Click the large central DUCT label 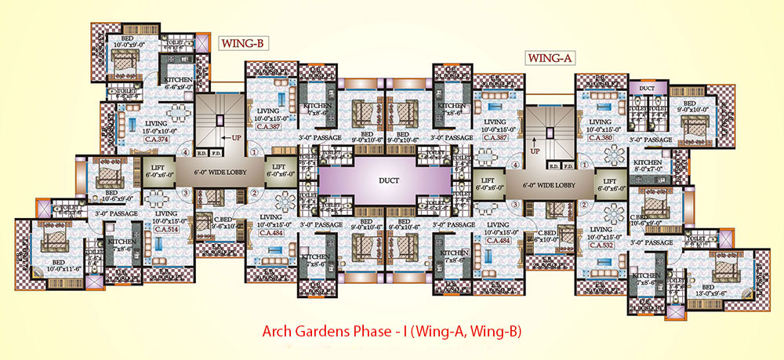[389, 180]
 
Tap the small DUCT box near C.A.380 [647, 89]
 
